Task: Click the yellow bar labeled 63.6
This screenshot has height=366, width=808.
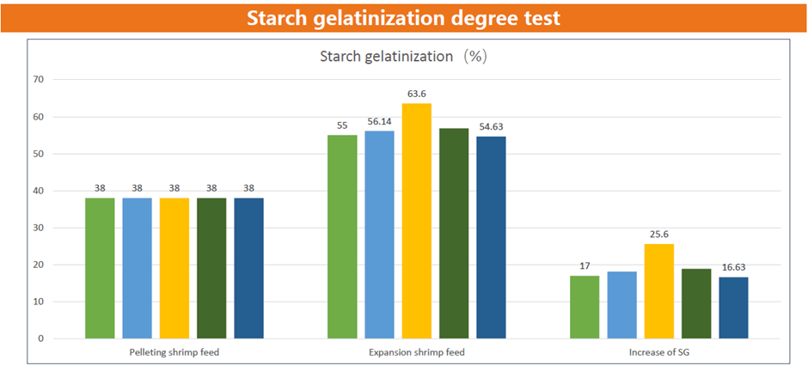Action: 417,221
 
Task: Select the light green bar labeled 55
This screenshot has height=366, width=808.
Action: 342,236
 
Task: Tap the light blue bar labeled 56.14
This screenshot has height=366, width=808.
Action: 379,235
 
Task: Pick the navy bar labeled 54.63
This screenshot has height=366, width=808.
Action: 492,237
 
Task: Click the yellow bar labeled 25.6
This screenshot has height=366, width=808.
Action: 659,291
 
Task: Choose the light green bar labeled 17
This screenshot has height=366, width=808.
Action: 585,307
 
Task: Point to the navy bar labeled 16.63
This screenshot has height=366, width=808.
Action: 733,308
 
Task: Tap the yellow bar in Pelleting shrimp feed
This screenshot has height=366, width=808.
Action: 174,268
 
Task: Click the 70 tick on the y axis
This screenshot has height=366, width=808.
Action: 38,80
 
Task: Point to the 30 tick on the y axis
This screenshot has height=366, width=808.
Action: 38,228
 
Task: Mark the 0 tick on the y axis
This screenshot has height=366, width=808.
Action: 40,339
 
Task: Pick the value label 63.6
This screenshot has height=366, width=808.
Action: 418,93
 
